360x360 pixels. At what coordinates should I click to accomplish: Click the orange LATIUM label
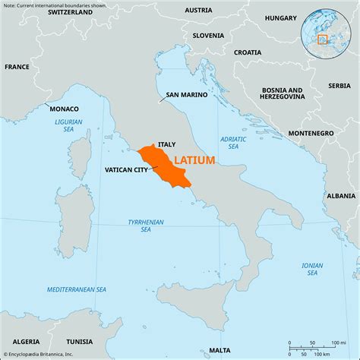[194, 160]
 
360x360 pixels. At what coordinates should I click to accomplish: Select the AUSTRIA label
[198, 11]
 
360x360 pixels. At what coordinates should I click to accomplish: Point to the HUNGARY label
[281, 17]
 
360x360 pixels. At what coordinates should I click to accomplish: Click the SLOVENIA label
[208, 35]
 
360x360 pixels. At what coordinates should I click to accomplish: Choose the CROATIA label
[248, 52]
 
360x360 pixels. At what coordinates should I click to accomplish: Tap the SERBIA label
[339, 86]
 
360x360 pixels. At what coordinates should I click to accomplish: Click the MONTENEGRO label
[311, 133]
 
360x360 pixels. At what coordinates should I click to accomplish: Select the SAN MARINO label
[185, 96]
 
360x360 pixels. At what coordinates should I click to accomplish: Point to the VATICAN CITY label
[126, 171]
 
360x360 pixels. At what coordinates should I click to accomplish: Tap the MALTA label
[220, 349]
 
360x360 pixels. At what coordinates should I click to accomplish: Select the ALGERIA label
[27, 342]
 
